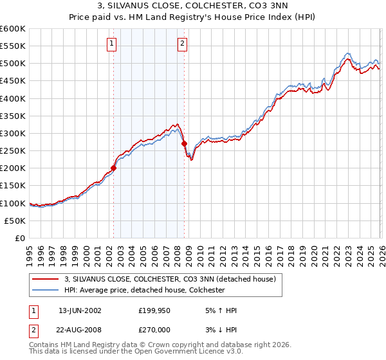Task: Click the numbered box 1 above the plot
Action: click(112, 44)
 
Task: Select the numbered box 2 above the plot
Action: click(183, 44)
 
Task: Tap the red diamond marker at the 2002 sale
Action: click(114, 168)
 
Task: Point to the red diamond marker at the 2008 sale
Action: click(184, 144)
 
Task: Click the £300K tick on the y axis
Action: click(13, 133)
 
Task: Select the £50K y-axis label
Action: click(15, 221)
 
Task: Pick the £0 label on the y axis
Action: click(21, 238)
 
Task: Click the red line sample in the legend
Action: click(46, 279)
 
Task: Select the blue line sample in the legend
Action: click(46, 290)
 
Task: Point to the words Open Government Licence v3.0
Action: click(179, 353)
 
